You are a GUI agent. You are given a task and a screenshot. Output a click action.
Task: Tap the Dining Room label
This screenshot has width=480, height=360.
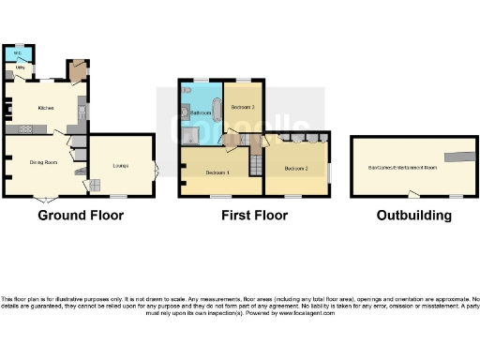44,162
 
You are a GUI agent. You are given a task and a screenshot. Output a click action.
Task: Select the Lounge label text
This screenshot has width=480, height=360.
120,166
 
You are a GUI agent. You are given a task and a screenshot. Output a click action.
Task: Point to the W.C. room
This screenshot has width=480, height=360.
17,52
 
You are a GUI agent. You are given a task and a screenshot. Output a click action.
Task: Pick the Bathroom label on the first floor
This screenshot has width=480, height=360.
200,112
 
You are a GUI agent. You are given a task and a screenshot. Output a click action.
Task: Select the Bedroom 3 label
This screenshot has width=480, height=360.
243,107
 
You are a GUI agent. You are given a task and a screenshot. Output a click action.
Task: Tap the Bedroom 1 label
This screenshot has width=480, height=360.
218,173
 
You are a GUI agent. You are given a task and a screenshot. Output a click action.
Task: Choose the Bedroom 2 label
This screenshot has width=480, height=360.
296,168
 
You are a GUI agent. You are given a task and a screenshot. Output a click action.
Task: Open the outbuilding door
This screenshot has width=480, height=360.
412,194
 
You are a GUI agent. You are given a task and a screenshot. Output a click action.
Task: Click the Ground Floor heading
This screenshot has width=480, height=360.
80,215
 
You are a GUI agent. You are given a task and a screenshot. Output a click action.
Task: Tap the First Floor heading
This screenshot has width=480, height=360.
253,215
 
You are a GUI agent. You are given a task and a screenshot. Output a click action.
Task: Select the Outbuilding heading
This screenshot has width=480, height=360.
413,215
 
